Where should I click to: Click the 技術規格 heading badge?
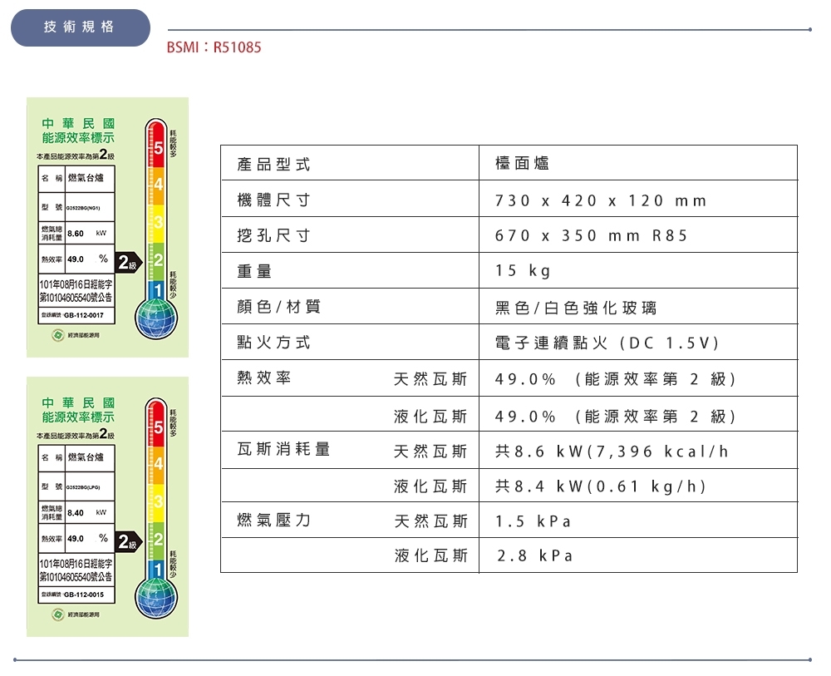[80, 27]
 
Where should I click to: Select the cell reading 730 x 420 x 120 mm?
[600, 200]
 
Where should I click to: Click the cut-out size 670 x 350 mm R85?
[591, 236]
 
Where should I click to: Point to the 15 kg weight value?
[523, 271]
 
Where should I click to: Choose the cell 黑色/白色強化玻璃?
[575, 308]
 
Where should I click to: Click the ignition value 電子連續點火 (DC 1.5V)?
[607, 343]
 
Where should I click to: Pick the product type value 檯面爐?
[522, 165]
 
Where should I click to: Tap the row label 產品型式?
[273, 165]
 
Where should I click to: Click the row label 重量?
[254, 271]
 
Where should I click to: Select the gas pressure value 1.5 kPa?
[533, 521]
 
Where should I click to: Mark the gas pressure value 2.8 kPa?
[535, 555]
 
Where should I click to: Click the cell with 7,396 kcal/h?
[612, 451]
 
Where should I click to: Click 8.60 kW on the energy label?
[76, 231]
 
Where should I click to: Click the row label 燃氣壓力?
[273, 521]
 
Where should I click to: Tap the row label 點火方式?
[273, 343]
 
